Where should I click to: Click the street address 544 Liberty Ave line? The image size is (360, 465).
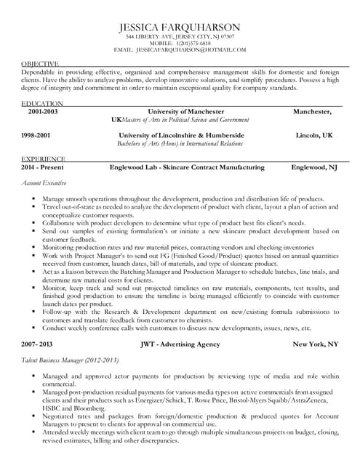click(180, 36)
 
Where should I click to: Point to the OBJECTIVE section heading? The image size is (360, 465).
click(41, 64)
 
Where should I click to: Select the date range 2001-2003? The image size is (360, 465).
click(44, 112)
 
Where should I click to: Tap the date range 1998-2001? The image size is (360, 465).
click(36, 135)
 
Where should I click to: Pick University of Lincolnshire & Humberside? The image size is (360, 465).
click(181, 135)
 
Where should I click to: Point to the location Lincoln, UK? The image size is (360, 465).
click(313, 135)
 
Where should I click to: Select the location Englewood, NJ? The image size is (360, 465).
click(313, 167)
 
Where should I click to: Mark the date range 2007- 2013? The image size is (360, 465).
click(38, 342)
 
